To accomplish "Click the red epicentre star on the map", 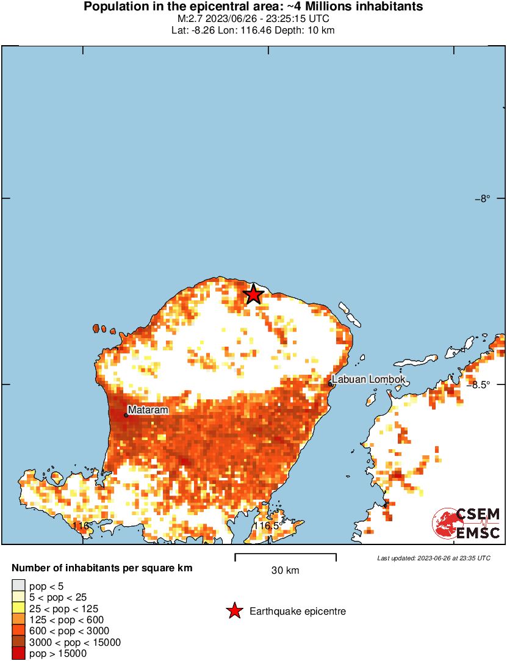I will [x=253, y=295].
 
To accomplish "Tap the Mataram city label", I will [x=148, y=410].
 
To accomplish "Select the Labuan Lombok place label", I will [x=369, y=379].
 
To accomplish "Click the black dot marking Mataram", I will [x=126, y=415].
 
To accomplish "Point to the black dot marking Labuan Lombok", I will [x=330, y=384].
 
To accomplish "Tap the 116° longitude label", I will [x=81, y=526].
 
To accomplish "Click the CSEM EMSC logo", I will [x=467, y=524].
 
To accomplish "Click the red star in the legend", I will [x=234, y=611].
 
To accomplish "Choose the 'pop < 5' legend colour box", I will [x=18, y=587].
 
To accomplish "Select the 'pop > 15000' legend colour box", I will [x=18, y=653].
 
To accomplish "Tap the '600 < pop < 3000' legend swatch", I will [x=18, y=631].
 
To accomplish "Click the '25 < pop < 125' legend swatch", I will [x=18, y=609].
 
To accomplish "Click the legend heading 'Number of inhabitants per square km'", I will [x=102, y=568].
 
